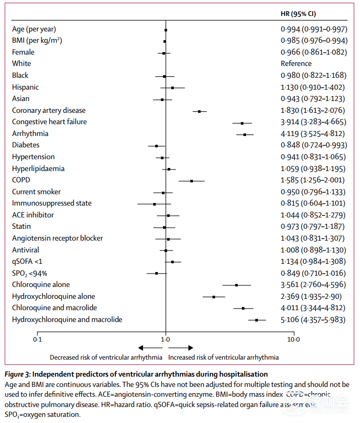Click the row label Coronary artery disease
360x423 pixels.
click(x=48, y=110)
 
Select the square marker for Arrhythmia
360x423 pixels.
click(x=245, y=134)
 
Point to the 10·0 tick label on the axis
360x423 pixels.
click(x=293, y=340)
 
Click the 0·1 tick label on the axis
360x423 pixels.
click(x=37, y=340)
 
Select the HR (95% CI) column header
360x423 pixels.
click(x=304, y=13)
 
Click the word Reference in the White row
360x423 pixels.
click(x=296, y=63)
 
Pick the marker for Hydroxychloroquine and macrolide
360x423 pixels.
click(x=257, y=320)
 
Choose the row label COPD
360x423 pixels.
click(x=21, y=180)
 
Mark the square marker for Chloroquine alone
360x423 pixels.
click(x=237, y=285)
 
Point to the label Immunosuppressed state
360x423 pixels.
click(x=52, y=203)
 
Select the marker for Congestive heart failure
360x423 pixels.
click(x=242, y=123)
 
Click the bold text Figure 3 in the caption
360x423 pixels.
click(x=18, y=374)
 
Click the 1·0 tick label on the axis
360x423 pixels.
click(x=166, y=340)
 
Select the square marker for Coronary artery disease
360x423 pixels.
click(x=199, y=111)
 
